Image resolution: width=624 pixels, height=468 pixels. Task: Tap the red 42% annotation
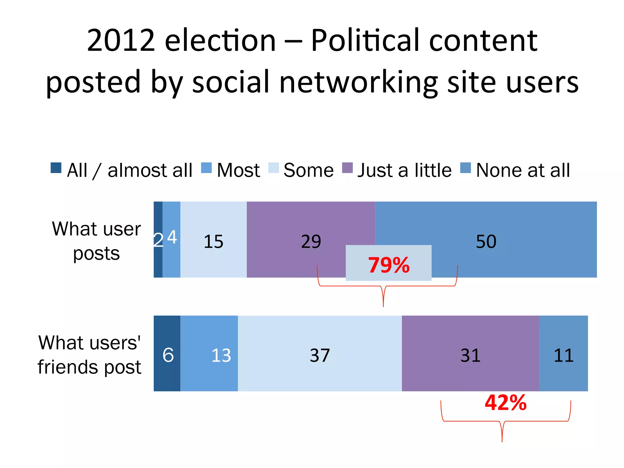point(505,403)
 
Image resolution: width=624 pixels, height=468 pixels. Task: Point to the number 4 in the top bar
point(172,237)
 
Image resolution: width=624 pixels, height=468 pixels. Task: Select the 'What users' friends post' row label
point(90,355)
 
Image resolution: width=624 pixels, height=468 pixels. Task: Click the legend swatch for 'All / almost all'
point(56,168)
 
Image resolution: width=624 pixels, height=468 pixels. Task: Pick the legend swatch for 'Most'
point(206,168)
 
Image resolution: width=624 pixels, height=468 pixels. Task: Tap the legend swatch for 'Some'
point(273,168)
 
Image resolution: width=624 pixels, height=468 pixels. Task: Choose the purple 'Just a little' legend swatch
point(347,168)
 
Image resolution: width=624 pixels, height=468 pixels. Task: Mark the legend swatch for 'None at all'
point(465,168)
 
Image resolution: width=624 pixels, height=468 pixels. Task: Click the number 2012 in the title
point(121,40)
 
